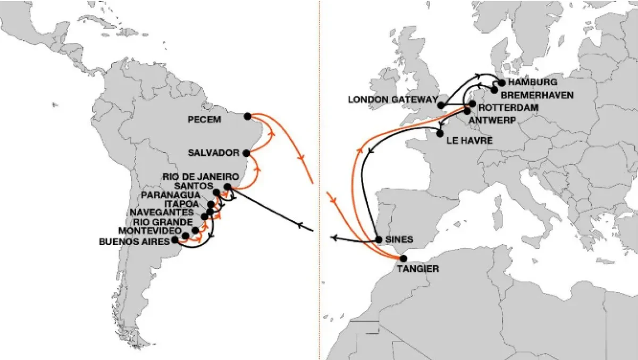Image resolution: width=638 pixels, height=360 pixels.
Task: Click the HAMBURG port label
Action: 533,82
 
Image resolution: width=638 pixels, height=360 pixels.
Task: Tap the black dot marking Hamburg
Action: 501,83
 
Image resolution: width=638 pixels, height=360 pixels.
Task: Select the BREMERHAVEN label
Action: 537,95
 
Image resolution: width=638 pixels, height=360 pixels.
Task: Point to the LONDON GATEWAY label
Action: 392,99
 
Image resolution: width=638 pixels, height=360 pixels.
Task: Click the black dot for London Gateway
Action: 441,105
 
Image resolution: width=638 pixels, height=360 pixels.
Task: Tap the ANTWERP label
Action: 493,121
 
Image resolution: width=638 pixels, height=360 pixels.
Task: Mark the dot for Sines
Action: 379,239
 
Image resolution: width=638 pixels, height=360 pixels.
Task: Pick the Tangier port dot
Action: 403,258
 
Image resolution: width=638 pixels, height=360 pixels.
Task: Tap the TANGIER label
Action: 418,269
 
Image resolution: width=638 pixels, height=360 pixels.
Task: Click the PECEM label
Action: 204,120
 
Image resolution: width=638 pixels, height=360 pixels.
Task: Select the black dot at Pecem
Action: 247,116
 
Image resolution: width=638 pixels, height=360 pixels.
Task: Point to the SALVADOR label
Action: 214,153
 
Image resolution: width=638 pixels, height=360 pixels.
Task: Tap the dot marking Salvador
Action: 246,153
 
